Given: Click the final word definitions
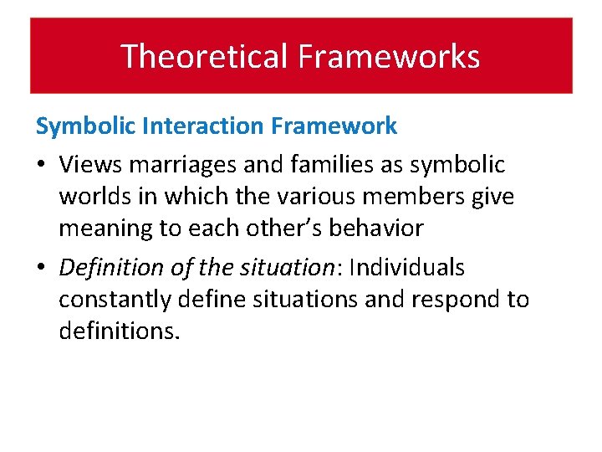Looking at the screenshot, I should coord(119,331).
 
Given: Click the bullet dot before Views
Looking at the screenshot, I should coord(42,166).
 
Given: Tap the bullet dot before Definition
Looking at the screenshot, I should coord(42,269).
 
